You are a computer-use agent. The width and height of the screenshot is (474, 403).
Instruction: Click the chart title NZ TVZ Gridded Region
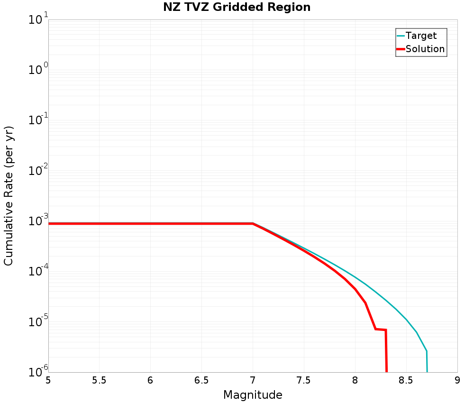pyautogui.click(x=237, y=7)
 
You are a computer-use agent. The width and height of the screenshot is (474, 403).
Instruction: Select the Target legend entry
pyautogui.click(x=421, y=36)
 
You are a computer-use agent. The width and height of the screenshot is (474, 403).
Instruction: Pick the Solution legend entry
pyautogui.click(x=425, y=49)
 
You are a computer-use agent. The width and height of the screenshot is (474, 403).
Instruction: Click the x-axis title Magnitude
pyautogui.click(x=253, y=394)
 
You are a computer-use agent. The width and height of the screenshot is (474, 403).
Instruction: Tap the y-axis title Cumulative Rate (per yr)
pyautogui.click(x=9, y=196)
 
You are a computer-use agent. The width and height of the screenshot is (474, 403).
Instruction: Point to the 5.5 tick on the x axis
pyautogui.click(x=99, y=380)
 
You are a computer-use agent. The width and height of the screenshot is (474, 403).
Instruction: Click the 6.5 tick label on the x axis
pyautogui.click(x=201, y=380)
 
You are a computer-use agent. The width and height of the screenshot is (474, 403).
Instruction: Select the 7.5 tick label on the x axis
pyautogui.click(x=303, y=380)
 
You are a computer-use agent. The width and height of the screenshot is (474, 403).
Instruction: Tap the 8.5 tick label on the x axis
pyautogui.click(x=406, y=380)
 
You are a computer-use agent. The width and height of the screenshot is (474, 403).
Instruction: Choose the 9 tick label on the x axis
pyautogui.click(x=457, y=380)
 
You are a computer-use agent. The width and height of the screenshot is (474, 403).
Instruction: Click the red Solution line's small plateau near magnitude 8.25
pyautogui.click(x=381, y=329)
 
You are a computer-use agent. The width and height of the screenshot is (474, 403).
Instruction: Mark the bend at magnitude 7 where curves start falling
pyautogui.click(x=253, y=223)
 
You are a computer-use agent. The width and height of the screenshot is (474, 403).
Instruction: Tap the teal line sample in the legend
pyautogui.click(x=401, y=36)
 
